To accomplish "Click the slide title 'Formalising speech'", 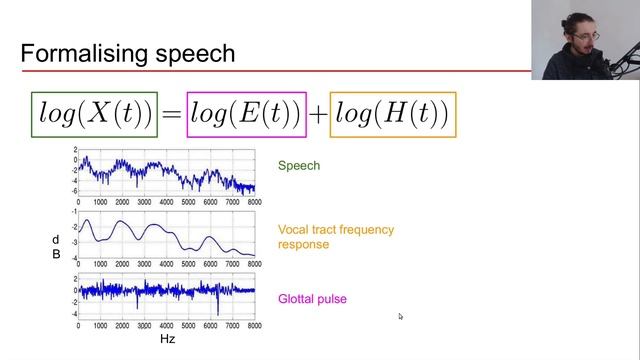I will pyautogui.click(x=127, y=53).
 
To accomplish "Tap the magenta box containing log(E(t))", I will pyautogui.click(x=245, y=115).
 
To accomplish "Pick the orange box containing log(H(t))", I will pyautogui.click(x=393, y=115).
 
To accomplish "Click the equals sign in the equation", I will pyautogui.click(x=171, y=116).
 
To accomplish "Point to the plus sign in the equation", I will pyautogui.click(x=318, y=116).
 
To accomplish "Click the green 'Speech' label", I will pyautogui.click(x=299, y=166).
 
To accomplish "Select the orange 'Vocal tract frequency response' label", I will pyautogui.click(x=321, y=236).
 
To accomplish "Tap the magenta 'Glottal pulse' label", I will pyautogui.click(x=312, y=298).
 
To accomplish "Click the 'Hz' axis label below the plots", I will pyautogui.click(x=168, y=339).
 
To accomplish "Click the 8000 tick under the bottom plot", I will pyautogui.click(x=254, y=326).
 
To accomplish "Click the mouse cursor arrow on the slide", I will pyautogui.click(x=400, y=316).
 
